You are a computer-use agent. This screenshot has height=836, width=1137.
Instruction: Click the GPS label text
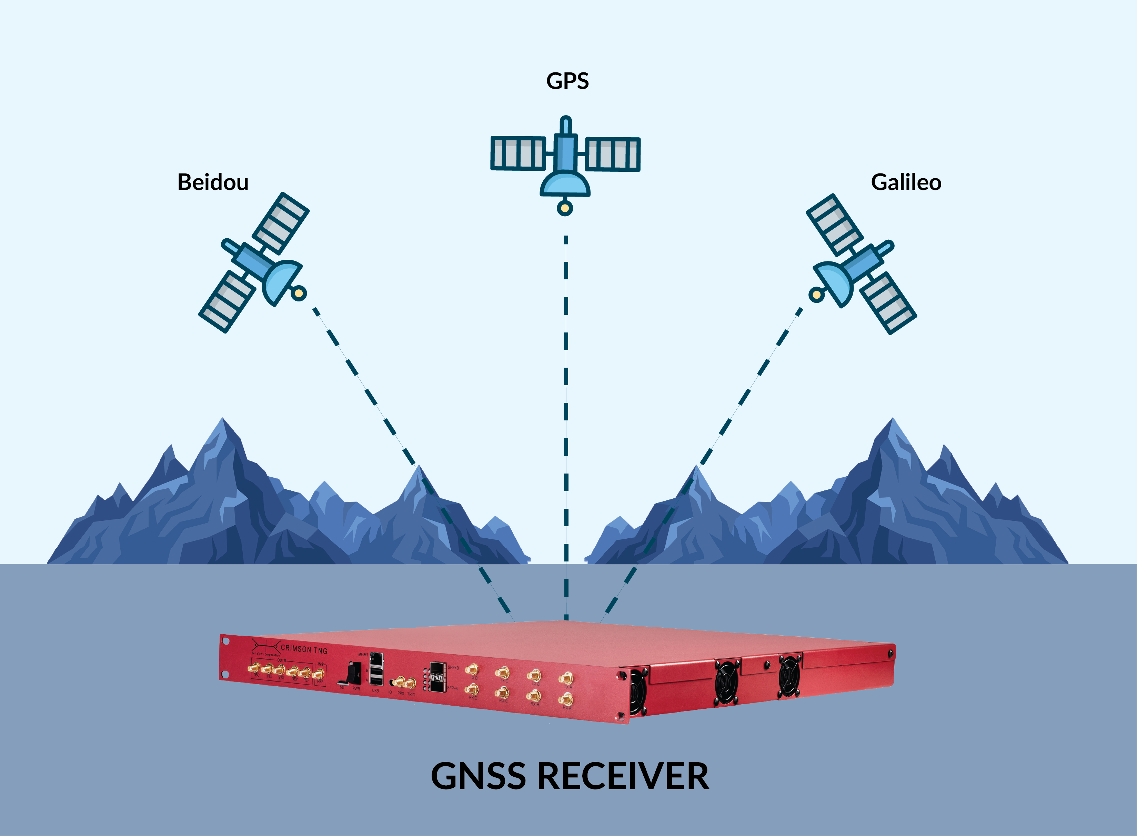tap(567, 81)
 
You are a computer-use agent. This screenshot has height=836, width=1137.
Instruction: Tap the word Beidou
tap(213, 182)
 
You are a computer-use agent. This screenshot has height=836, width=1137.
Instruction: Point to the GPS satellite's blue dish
tap(565, 185)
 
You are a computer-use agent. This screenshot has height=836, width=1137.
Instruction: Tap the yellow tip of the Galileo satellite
tap(816, 295)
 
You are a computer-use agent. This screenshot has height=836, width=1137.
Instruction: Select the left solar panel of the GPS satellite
tap(518, 153)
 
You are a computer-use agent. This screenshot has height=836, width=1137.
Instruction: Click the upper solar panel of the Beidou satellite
tap(281, 223)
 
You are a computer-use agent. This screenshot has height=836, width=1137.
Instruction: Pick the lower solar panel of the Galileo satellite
tap(888, 302)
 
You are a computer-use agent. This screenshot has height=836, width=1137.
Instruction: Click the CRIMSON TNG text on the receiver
tap(304, 649)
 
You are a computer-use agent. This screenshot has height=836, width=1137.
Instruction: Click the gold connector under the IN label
tap(319, 674)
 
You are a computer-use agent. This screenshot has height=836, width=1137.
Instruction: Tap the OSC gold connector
tap(253, 668)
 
